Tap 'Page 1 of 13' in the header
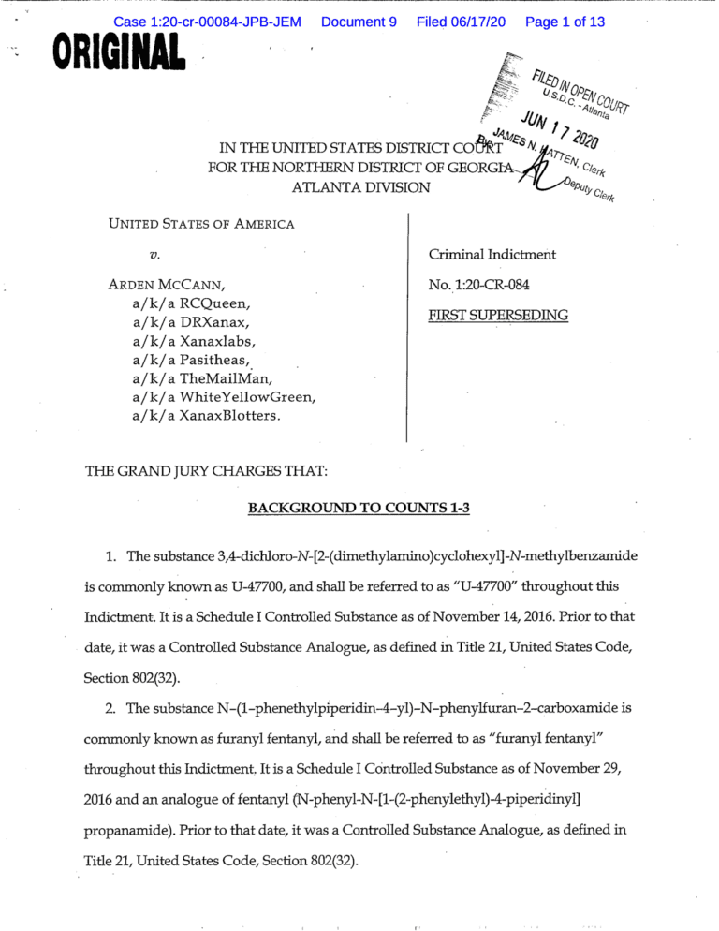[565, 21]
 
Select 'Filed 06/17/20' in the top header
[462, 21]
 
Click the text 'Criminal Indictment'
[492, 254]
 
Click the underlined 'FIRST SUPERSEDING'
[498, 315]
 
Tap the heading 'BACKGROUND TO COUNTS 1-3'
[359, 508]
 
